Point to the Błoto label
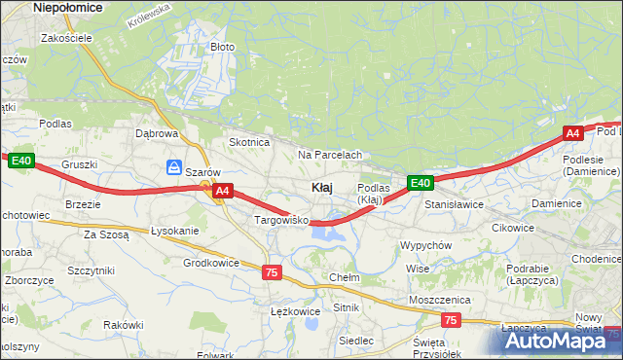223,46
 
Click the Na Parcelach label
330,155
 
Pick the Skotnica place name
248,141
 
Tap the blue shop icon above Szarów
174,166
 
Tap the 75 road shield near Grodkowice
272,272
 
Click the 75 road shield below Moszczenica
450,319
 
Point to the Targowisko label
281,221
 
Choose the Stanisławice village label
455,205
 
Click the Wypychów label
425,245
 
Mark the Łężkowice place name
295,311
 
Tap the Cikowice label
513,228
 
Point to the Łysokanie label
174,231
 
